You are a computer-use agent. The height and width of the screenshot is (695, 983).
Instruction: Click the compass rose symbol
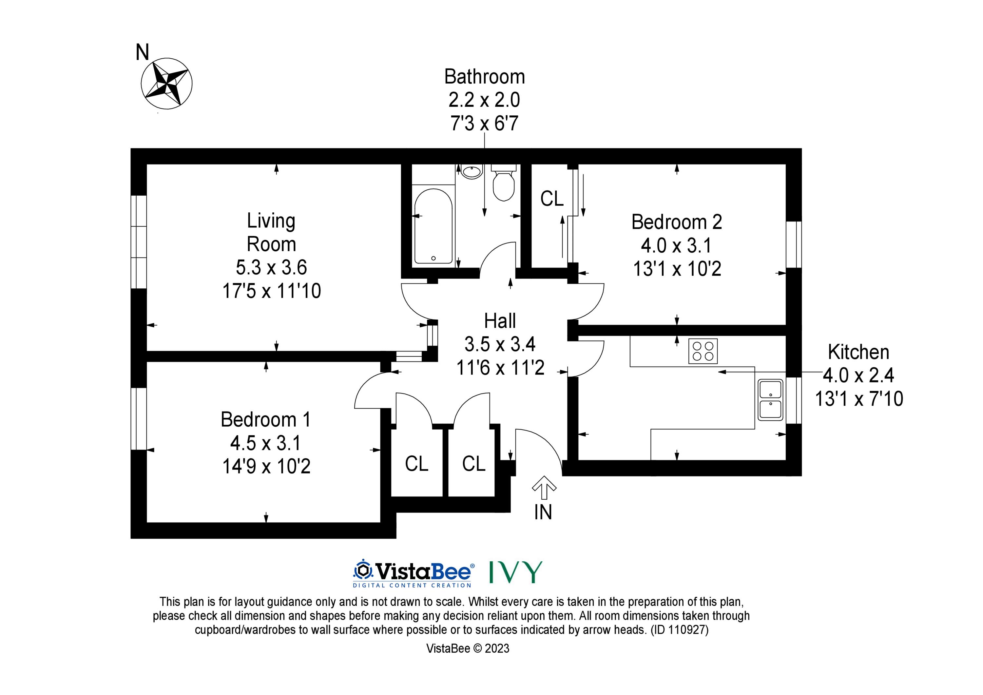click(x=166, y=84)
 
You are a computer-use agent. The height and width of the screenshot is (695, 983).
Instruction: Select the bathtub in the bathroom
click(x=433, y=226)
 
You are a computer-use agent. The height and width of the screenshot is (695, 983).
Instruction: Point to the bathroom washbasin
click(x=472, y=172)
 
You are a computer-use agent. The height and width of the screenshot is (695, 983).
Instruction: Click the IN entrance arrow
click(x=544, y=488)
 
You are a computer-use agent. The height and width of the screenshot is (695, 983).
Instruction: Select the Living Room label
click(x=271, y=233)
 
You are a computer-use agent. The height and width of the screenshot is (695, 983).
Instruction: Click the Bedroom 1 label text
click(x=265, y=420)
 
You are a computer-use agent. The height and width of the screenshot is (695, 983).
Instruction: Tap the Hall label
click(x=500, y=321)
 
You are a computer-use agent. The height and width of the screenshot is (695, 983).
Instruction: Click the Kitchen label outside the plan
click(x=858, y=352)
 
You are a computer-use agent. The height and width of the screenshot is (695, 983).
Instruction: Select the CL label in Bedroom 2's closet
click(x=552, y=199)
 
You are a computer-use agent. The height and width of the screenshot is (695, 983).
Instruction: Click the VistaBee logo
click(x=414, y=573)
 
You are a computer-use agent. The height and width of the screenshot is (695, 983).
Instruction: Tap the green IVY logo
click(x=516, y=572)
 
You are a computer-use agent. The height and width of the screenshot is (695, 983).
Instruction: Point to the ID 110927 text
click(x=680, y=630)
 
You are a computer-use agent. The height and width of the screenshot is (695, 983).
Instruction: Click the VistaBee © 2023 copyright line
click(x=468, y=648)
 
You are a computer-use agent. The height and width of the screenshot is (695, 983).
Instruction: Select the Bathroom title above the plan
click(x=485, y=77)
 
